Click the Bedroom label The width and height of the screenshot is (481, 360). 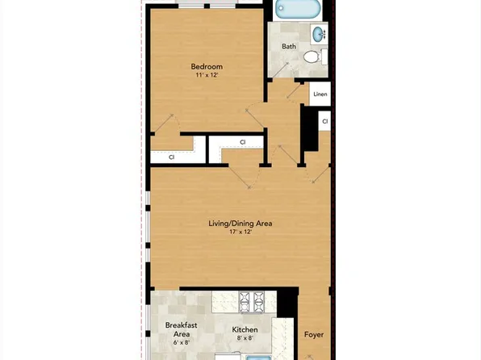click(x=207, y=66)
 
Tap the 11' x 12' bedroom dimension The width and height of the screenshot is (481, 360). click(x=207, y=75)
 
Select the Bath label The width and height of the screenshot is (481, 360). click(x=289, y=47)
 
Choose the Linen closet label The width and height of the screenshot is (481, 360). click(x=320, y=94)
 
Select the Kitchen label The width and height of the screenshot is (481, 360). click(x=245, y=329)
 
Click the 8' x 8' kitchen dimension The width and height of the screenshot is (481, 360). click(x=245, y=339)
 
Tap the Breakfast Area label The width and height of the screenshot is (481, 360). click(x=182, y=329)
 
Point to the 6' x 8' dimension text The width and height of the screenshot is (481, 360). click(x=182, y=343)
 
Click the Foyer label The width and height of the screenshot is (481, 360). click(x=314, y=334)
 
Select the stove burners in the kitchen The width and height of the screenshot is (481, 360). click(x=249, y=303)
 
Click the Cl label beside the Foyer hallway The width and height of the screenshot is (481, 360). click(x=324, y=122)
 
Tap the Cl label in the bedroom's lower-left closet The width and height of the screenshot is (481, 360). click(x=172, y=157)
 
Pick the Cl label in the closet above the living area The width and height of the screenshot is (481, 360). click(x=242, y=143)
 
